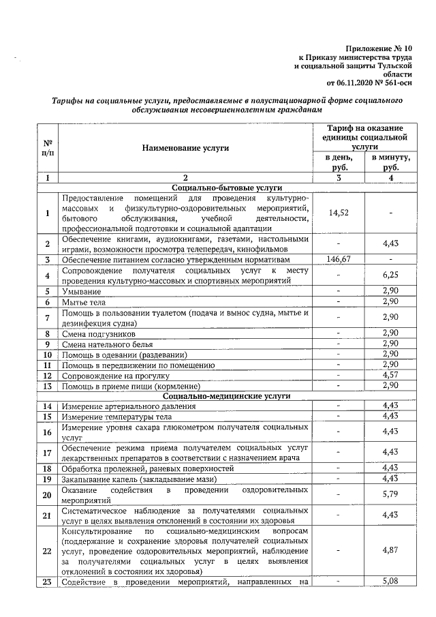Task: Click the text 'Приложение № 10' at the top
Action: point(378,49)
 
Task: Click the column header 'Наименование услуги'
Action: point(185,147)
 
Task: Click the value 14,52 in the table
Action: point(339,213)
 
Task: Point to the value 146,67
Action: point(339,260)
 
